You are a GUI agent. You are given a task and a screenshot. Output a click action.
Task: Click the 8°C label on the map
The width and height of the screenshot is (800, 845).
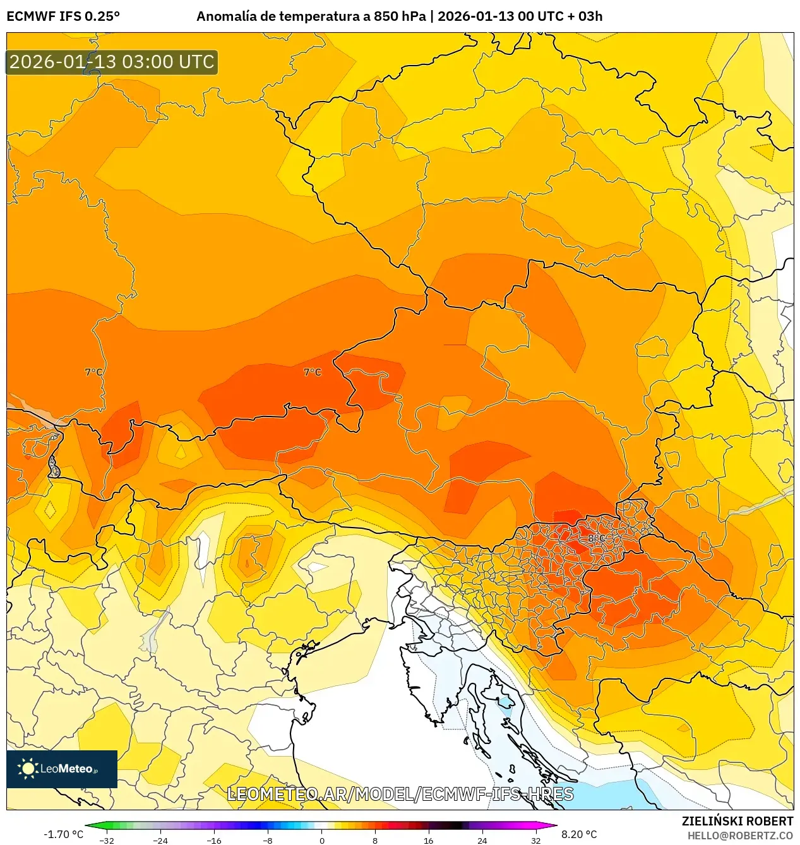point(597,538)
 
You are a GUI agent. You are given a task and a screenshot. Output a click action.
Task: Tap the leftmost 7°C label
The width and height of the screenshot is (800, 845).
point(93,372)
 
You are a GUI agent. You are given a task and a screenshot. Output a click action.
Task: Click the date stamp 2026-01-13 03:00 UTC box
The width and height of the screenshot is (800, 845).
point(112,62)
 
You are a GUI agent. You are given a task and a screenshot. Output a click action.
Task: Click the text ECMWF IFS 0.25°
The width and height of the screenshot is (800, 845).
point(63,16)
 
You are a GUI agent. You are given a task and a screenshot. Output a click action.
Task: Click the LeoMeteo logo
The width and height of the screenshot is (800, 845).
point(62,769)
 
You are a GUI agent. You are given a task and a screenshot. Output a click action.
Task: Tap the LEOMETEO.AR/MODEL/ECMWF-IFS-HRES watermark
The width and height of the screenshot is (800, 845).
point(400,794)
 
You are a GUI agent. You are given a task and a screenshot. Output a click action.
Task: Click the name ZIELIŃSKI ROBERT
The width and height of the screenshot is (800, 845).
point(737,821)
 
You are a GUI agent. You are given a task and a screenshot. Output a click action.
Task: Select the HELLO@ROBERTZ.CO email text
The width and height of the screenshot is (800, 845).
point(740,836)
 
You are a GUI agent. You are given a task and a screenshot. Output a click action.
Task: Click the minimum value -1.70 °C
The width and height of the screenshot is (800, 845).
point(63,834)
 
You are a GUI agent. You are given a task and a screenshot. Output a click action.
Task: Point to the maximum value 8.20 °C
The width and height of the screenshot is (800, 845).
point(579,834)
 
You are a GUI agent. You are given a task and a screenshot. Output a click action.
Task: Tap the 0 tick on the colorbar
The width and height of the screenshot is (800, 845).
point(321,840)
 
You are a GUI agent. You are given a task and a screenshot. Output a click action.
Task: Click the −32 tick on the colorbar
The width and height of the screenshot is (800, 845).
point(107,840)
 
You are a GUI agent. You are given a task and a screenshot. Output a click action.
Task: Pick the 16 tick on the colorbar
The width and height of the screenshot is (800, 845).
point(429,840)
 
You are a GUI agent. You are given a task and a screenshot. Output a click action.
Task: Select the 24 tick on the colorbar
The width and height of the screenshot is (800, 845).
point(482,840)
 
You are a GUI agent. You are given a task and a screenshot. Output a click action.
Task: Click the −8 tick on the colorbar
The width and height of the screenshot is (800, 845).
point(268,840)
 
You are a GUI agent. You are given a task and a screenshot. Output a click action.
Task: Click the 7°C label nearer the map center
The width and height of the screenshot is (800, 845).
point(313,372)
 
